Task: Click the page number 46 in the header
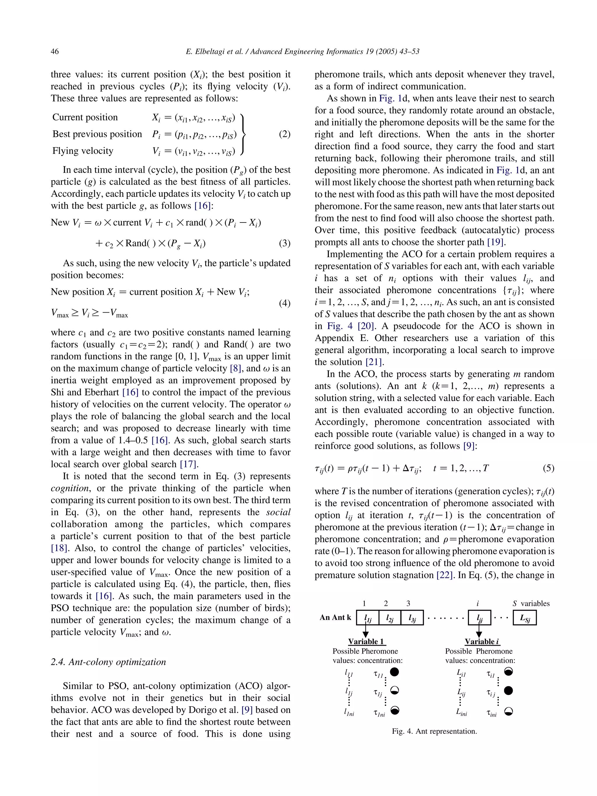pos(55,52)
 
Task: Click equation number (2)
pos(285,134)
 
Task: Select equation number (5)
pos(548,468)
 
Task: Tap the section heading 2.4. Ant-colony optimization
pos(108,662)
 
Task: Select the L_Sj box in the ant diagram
pos(525,618)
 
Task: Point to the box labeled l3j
pos(412,618)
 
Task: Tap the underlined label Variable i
pos(482,642)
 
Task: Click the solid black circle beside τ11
pos(395,672)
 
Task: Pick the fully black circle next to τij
pos(508,691)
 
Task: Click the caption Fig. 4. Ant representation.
pos(434,731)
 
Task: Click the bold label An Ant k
pos(335,617)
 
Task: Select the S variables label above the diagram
pos(531,603)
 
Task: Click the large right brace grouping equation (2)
pos(243,134)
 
